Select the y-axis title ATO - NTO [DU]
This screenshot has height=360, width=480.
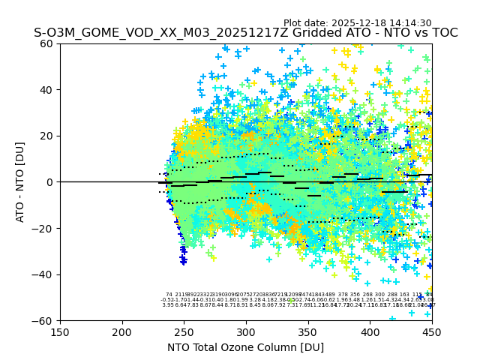click(x=20, y=182)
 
